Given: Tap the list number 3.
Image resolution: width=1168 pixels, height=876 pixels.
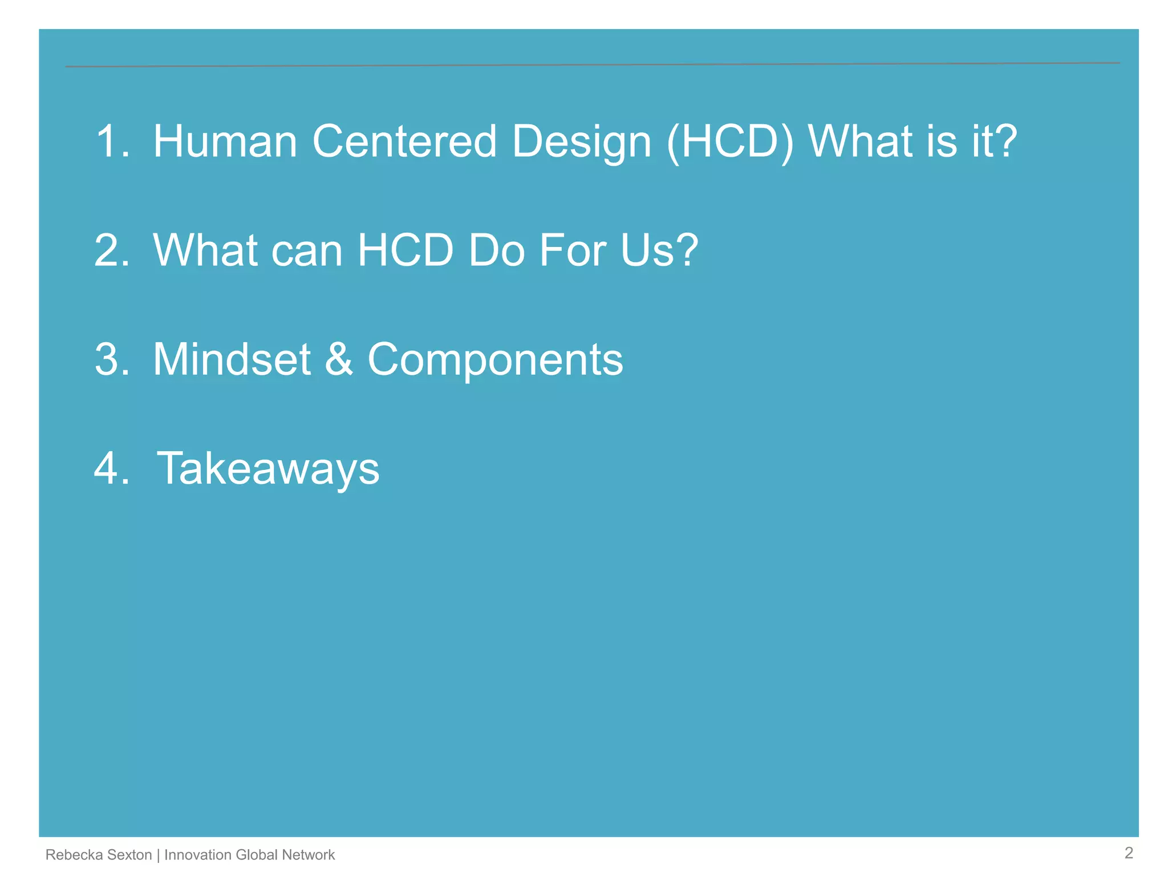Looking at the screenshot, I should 112,359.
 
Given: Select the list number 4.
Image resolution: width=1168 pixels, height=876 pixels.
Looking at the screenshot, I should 112,468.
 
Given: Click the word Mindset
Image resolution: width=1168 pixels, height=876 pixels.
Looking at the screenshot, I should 232,359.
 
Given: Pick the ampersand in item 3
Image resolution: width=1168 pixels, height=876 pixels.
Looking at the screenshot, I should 339,359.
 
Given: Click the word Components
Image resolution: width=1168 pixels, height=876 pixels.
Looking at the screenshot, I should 495,360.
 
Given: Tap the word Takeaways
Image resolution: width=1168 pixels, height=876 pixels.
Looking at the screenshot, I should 268,469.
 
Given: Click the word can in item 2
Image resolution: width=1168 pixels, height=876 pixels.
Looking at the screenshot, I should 306,251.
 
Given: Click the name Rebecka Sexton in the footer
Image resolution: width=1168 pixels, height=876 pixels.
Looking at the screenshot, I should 98,854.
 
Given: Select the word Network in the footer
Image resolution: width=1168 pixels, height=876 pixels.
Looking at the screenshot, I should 308,854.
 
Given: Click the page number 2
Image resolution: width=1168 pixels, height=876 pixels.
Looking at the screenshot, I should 1129,853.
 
